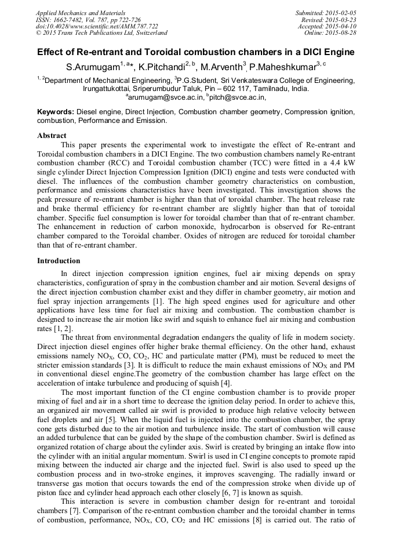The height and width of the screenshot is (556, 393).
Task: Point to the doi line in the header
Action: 88,26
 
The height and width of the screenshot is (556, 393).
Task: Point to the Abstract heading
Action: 52,135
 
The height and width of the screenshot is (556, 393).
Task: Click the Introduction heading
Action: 59,261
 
